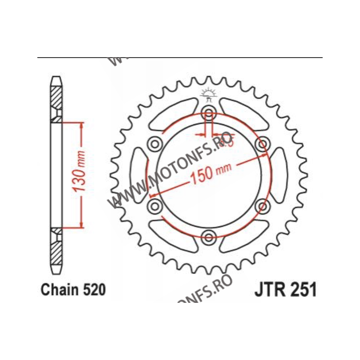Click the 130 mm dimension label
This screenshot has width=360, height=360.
(x=81, y=175)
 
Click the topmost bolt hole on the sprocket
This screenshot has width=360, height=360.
(x=208, y=112)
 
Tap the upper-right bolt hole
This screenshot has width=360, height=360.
(x=261, y=144)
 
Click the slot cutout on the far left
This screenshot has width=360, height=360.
(x=138, y=175)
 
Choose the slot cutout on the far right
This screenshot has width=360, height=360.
(x=279, y=175)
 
